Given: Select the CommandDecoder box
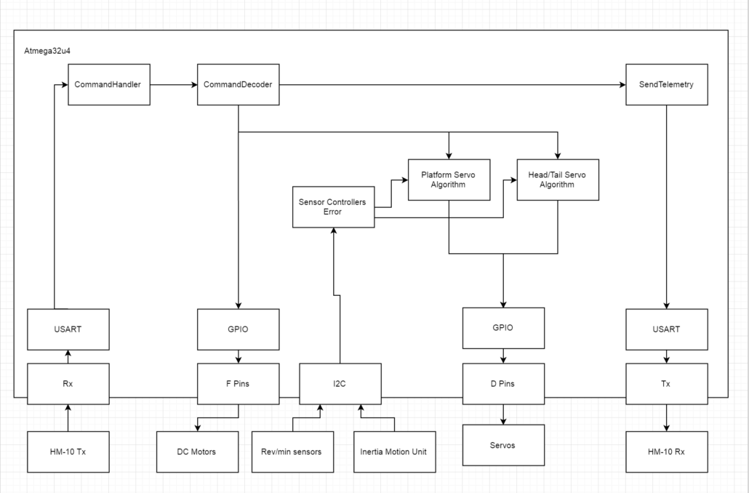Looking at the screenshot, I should [238, 84].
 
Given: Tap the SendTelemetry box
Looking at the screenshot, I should [667, 84].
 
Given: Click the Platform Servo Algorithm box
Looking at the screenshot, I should [449, 179].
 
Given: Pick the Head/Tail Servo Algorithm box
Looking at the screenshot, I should [557, 179].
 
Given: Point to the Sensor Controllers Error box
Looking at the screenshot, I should [333, 207].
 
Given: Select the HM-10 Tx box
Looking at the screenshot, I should [68, 451].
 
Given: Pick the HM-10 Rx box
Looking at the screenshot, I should [667, 451].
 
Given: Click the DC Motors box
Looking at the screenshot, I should [196, 451].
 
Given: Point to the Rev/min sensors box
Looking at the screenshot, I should [291, 451].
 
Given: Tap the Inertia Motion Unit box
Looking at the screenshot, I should [393, 451].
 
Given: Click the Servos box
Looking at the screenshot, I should [503, 445].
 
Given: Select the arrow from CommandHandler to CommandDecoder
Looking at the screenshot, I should [174, 85].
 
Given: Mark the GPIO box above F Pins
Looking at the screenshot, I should [238, 329].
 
